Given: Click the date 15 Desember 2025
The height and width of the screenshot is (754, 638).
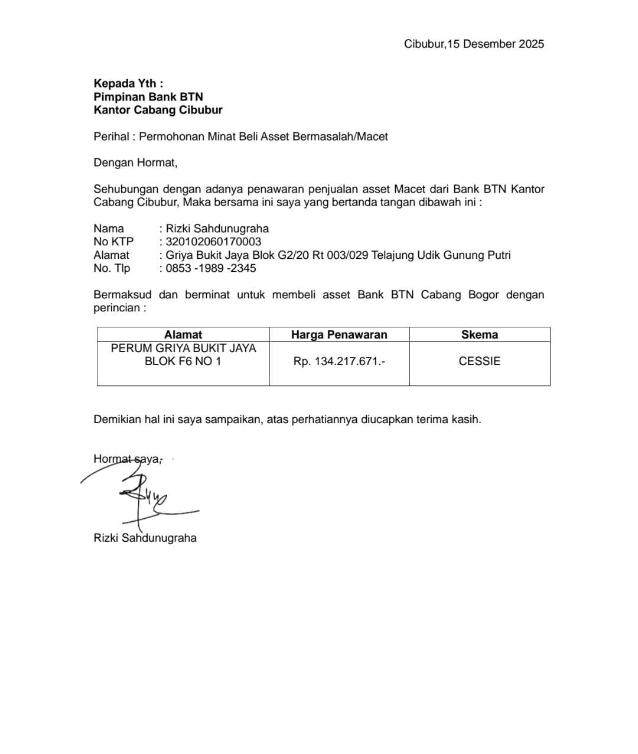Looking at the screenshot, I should pos(495,44).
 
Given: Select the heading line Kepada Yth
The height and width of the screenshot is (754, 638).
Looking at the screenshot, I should pos(128,83).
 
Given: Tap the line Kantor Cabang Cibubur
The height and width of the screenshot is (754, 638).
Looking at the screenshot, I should pos(158,110).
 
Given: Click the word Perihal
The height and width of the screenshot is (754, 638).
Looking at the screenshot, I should pos(111,136).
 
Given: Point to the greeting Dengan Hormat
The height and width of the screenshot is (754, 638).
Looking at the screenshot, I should pos(135,162).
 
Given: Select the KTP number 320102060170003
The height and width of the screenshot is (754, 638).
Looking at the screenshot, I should pos(213,242).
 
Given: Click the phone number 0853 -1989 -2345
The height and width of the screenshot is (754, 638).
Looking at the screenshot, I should pos(211,268).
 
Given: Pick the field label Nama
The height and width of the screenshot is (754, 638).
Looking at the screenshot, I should pos(109,229).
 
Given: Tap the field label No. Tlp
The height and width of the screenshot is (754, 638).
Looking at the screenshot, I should pos(112,268).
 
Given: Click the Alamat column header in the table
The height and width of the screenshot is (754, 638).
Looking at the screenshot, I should pos(183,334).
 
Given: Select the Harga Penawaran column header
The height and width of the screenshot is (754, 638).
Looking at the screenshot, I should pos(339,334).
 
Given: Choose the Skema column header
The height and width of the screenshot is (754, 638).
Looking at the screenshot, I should pos(479,334).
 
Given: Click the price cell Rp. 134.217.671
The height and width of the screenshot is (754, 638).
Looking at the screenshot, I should pos(339,361).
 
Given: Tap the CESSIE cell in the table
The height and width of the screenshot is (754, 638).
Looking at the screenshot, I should pos(479,361).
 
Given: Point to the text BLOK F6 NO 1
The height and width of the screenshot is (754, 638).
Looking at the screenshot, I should pos(183,361).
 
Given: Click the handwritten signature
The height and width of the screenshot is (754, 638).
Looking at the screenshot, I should pos(142,496).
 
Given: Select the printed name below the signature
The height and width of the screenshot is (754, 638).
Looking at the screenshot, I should pos(145,538).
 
